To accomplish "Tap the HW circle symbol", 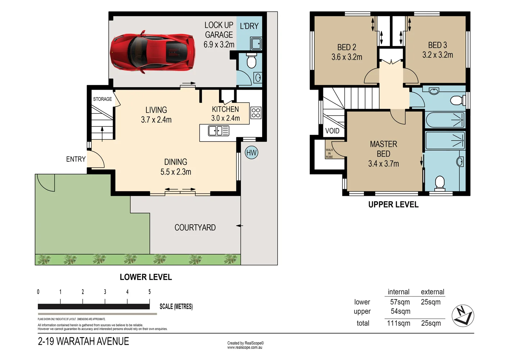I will point(251,153).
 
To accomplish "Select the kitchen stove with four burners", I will point(256,113).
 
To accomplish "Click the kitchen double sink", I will point(218,131).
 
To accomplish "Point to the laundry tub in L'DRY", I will point(256,44).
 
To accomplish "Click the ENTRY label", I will point(76,159).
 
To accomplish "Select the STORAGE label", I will point(103,99).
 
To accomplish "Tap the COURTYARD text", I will point(195,228).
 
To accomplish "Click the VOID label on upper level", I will point(332,131).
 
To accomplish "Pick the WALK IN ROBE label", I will point(329,153).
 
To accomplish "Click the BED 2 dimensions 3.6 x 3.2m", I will point(347,57).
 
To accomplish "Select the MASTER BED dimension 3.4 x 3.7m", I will point(383,163).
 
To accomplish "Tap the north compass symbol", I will point(463,316).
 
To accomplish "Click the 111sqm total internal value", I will point(399,323).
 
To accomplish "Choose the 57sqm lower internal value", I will point(400,302).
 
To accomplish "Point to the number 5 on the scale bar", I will point(149,292).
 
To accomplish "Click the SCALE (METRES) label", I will point(176,306).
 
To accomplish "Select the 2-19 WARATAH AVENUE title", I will point(83,341).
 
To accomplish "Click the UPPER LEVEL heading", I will point(393,204).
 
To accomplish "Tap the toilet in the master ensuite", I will point(440,183).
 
